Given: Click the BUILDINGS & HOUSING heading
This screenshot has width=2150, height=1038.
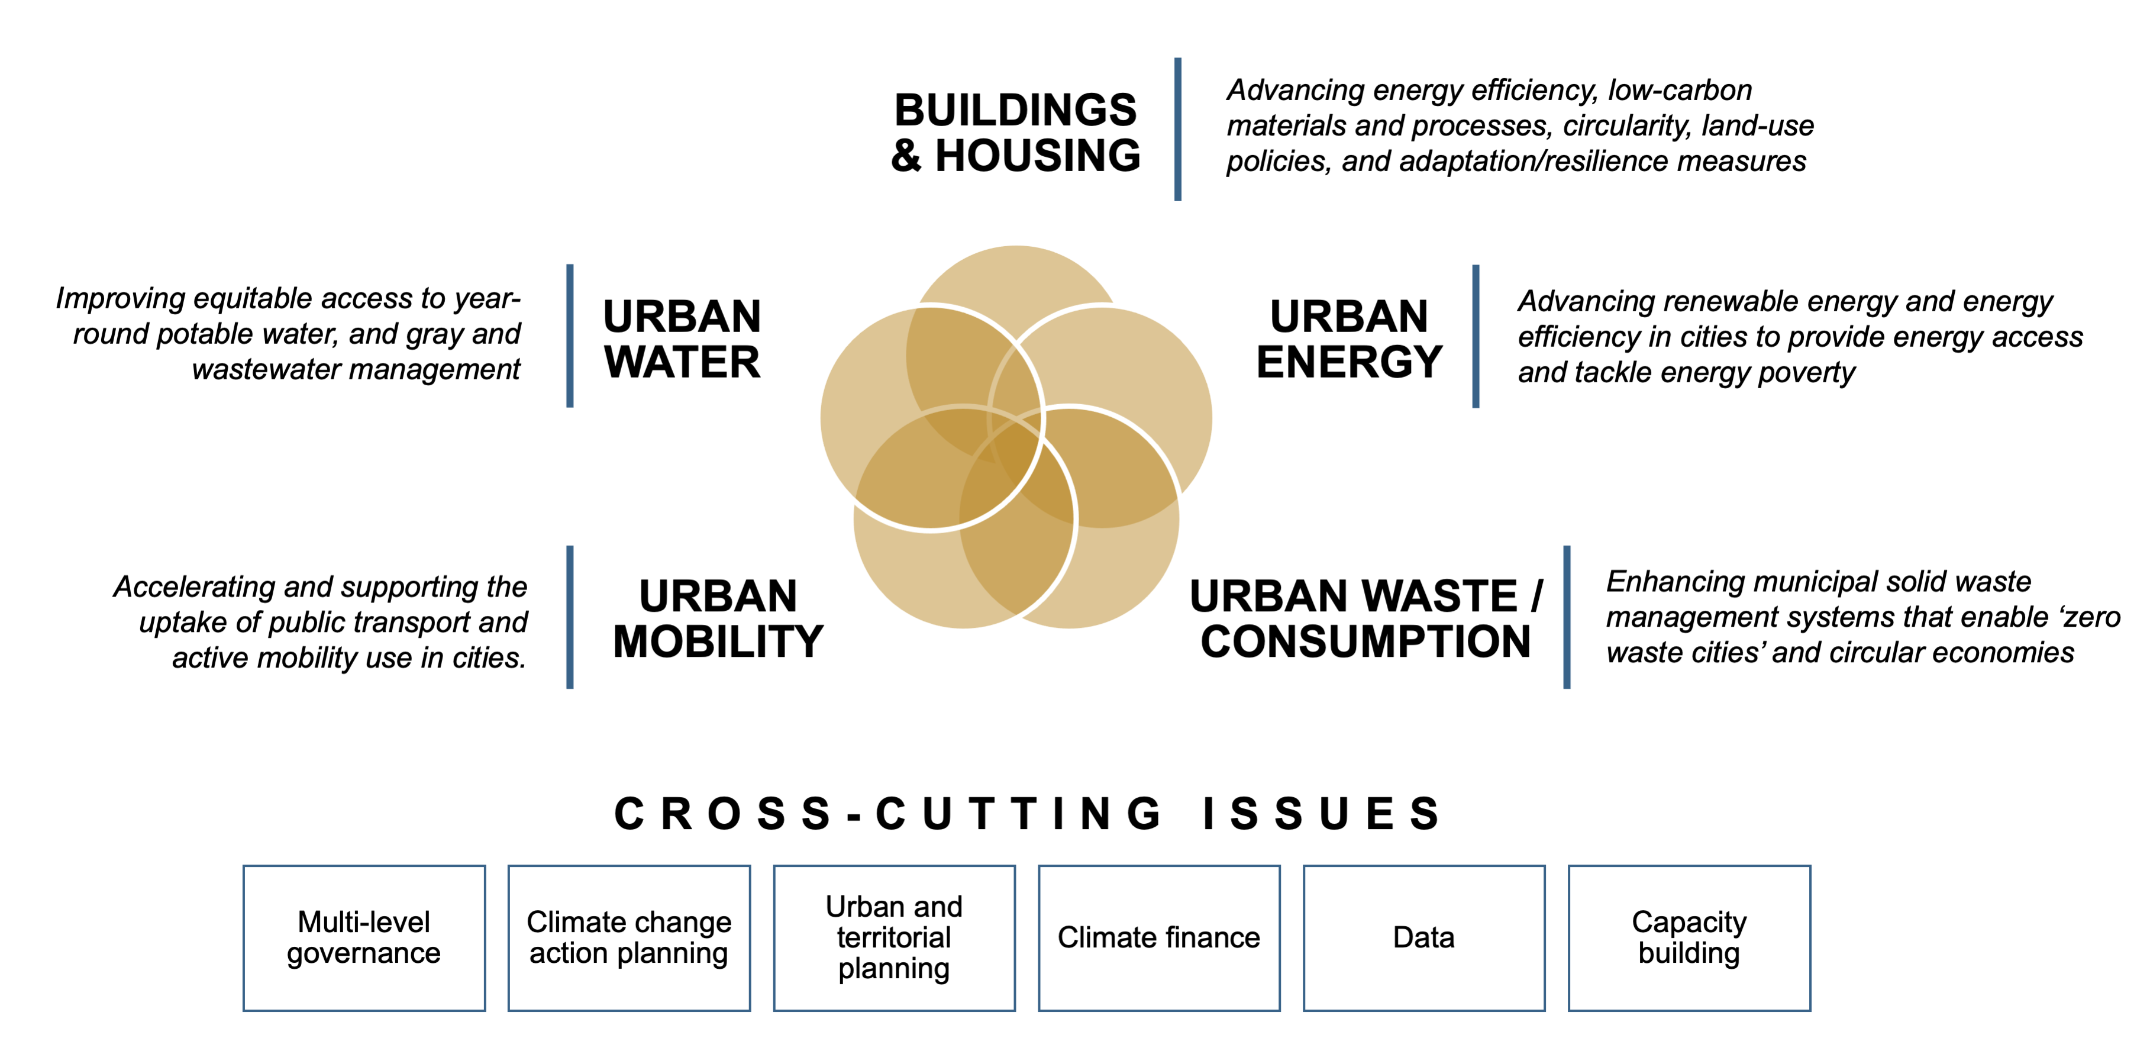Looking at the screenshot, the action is [1016, 133].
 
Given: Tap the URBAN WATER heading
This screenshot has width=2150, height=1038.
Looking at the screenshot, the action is [682, 339].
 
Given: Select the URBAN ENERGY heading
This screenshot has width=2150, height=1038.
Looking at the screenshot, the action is [1350, 339].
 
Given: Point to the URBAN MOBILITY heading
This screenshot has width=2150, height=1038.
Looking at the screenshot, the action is [718, 619].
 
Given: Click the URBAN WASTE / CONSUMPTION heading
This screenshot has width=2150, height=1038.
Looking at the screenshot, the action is [1366, 619].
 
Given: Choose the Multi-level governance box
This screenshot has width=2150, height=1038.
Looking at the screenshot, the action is [364, 938].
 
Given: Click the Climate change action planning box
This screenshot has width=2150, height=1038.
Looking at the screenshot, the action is [629, 938].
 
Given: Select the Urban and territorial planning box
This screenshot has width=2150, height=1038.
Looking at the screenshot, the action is [894, 938].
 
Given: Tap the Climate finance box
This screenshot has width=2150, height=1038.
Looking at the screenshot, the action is [1159, 938].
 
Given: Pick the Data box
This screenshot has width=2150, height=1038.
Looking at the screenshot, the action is [1424, 938].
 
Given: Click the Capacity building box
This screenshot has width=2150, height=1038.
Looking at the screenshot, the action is [1689, 938].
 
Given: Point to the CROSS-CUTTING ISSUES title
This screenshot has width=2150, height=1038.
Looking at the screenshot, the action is [1028, 813].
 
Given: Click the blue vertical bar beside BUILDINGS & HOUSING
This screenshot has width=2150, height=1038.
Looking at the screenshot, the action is [1178, 130].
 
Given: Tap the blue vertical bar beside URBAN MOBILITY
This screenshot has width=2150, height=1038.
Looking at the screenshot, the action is [570, 617].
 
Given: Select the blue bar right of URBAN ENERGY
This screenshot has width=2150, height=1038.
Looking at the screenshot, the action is [1476, 337].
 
